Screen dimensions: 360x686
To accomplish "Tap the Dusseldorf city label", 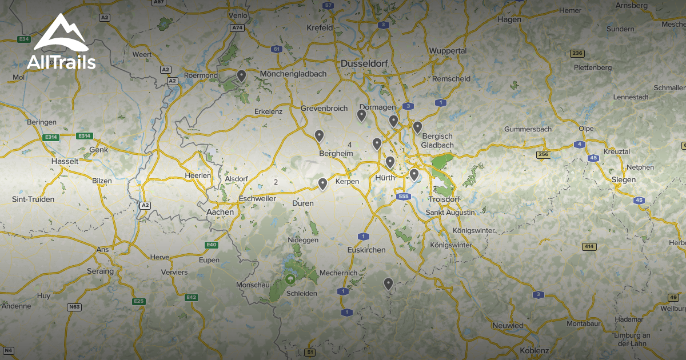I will tap(364, 64).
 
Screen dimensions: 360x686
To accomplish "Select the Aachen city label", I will tap(220, 212).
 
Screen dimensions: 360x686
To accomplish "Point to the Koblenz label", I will tap(535, 351).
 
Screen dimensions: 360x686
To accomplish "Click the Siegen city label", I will tap(623, 179).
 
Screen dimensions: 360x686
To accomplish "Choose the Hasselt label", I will tap(65, 162).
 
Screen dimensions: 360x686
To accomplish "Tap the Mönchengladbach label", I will tap(293, 74).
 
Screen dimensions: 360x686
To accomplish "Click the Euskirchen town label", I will tap(366, 250).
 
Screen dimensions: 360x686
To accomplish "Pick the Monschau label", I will tap(252, 285).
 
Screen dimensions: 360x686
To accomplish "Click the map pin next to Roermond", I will tap(241, 75).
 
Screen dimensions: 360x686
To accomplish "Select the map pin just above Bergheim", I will tap(319, 135).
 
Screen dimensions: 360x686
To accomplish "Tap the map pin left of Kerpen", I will tap(322, 183).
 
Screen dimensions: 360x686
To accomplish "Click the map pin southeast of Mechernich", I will tap(388, 283).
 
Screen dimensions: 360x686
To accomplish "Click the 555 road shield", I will tap(403, 197).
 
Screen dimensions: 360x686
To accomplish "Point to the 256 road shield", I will tap(543, 155).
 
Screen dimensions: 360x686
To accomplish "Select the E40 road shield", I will tap(212, 245).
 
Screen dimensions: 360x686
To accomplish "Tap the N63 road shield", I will tap(74, 307).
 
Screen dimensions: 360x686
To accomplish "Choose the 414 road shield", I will tap(589, 246).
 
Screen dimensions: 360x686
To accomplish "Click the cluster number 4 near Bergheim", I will tap(349, 145).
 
